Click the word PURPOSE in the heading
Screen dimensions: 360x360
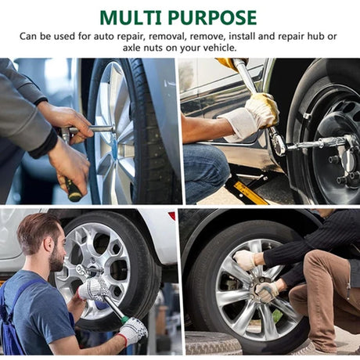[x=212, y=18]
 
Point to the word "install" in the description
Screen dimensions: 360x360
[x=242, y=36]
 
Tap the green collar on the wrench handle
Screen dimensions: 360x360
[x=125, y=320]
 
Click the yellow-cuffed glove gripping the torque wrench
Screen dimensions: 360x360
[x=262, y=110]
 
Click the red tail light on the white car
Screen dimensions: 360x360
[x=172, y=216]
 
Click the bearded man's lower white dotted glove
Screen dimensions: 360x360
[x=133, y=331]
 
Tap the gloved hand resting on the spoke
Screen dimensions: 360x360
[x=245, y=259]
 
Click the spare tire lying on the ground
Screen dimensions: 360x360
[x=214, y=343]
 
